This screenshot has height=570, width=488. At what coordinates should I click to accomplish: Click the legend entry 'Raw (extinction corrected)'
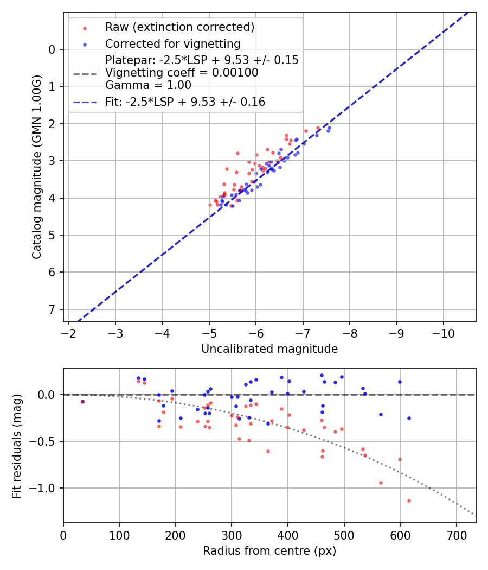point(179,27)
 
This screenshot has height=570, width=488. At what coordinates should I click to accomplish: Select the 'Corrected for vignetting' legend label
point(172,43)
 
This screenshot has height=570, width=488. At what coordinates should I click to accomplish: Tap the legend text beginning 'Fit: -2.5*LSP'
point(185,102)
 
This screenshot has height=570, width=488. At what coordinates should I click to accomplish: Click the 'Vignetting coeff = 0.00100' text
point(182,73)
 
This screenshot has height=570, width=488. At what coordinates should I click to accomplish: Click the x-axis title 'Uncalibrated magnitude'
point(269,349)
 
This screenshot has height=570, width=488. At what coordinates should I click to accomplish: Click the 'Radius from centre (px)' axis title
point(269,551)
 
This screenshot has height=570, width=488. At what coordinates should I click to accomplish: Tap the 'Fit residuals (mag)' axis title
point(17,446)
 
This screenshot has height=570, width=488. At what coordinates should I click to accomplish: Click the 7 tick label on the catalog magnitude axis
point(52,309)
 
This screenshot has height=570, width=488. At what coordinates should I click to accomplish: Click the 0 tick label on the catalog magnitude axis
point(52,49)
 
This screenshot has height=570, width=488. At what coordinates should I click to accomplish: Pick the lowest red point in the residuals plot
point(409,501)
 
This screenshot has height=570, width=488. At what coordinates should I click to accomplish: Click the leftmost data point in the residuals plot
point(82,402)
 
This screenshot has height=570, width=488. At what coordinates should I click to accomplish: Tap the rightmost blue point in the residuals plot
point(409,418)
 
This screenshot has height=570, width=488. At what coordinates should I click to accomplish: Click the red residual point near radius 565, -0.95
point(381,483)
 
